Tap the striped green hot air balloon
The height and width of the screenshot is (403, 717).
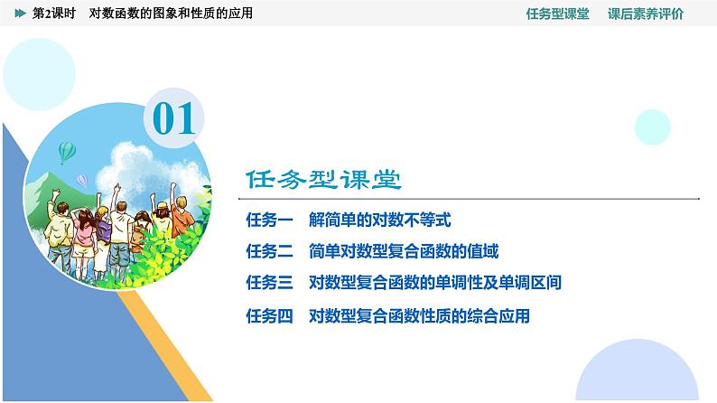click(x=67, y=151)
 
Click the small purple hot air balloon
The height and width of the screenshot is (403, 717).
click(x=82, y=182)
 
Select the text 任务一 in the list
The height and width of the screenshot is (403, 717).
click(x=269, y=220)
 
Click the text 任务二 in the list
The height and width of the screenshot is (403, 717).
click(x=269, y=251)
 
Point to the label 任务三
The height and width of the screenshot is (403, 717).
click(x=269, y=283)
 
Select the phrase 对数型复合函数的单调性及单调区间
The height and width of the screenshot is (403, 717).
click(x=435, y=283)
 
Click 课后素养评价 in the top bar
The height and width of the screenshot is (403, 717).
click(x=646, y=14)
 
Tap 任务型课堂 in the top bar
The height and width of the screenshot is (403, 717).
click(x=557, y=14)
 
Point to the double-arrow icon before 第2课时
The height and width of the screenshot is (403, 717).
click(x=20, y=14)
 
